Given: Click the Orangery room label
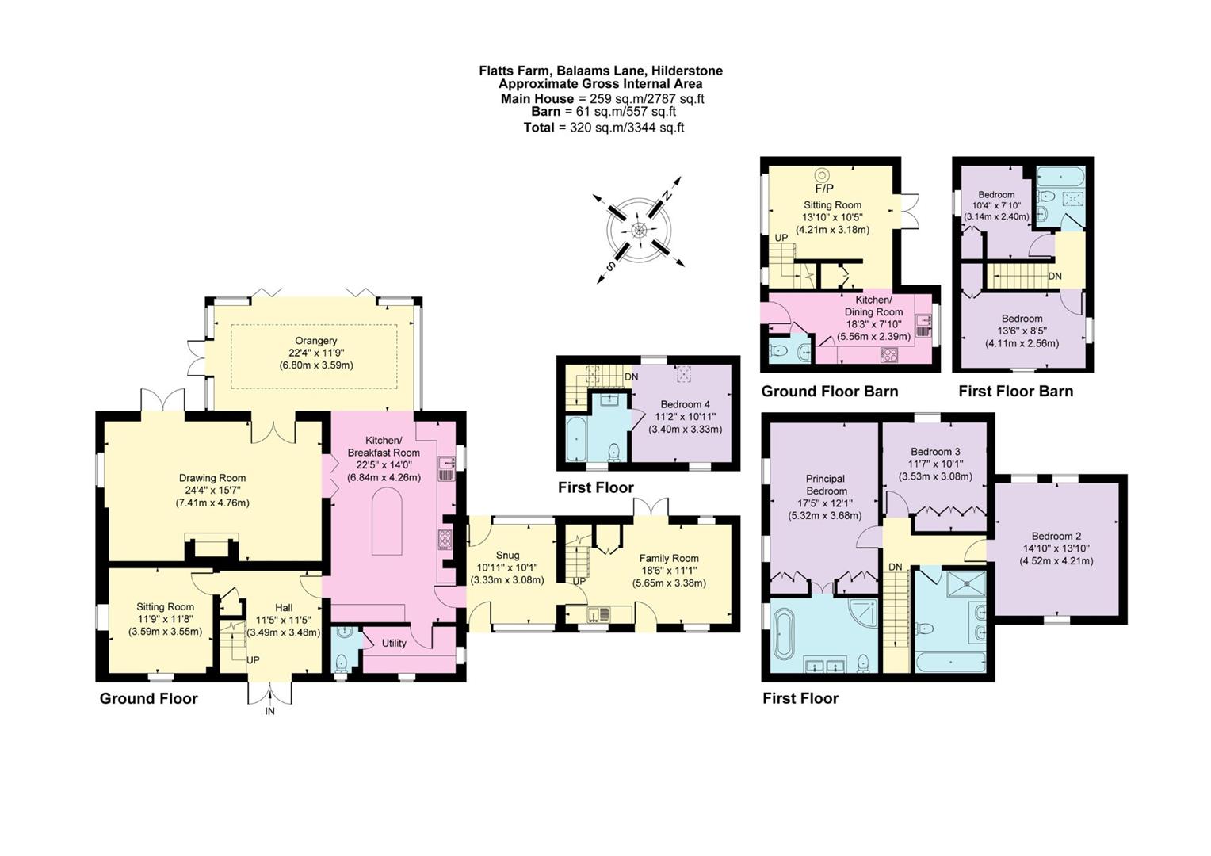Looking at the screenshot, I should [316, 341].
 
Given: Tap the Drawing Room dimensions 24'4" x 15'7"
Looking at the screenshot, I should [212, 491].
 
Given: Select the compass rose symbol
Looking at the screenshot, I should [639, 230].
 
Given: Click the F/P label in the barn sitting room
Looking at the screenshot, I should [824, 189].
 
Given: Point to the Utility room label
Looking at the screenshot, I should [394, 643].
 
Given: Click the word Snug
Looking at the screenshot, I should [507, 555].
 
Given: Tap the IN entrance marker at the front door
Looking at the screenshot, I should [269, 711].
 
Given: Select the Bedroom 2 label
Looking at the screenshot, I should [1056, 537].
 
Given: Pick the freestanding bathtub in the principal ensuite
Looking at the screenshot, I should [783, 634].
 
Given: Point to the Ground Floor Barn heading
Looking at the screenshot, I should [829, 391].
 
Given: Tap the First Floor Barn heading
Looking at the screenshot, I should [1015, 391].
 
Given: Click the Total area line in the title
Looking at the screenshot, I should [603, 128].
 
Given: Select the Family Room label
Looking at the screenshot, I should [669, 558].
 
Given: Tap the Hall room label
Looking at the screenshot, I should [284, 608].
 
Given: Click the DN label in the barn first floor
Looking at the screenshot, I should [1055, 277].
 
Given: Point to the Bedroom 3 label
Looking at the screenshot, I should [935, 452].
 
